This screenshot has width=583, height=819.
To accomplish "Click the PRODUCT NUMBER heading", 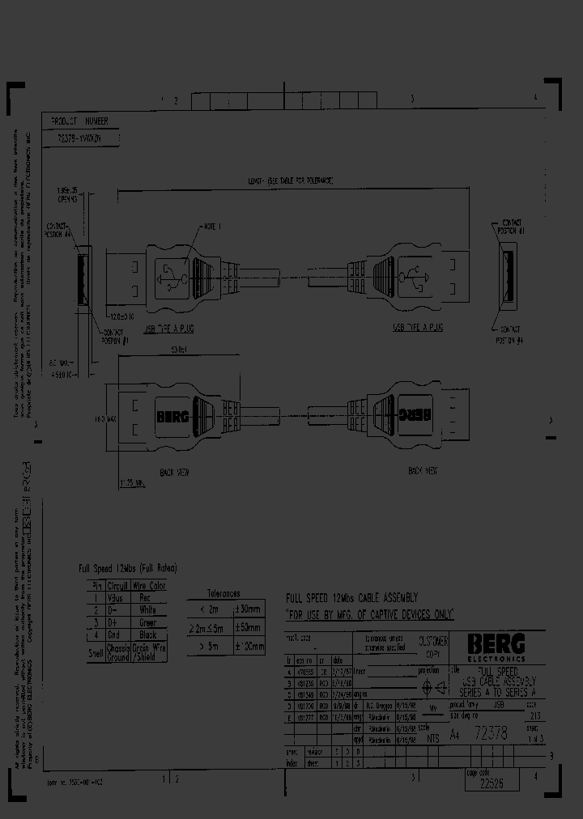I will coord(79,121).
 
